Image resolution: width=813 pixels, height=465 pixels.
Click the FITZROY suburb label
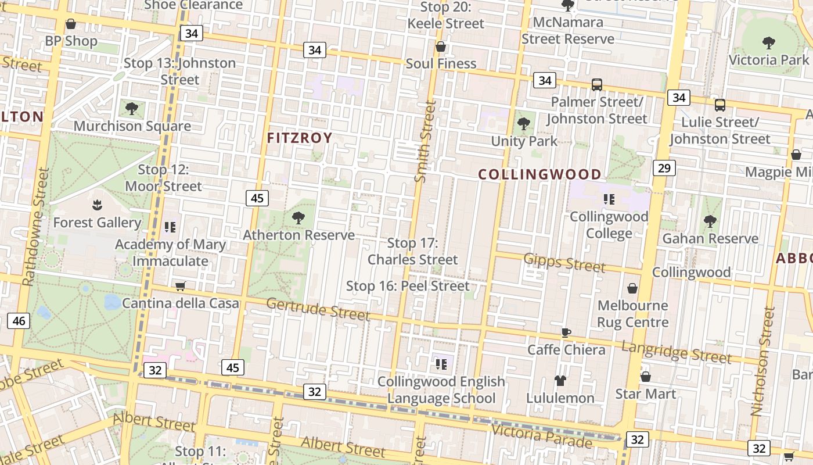click(300, 138)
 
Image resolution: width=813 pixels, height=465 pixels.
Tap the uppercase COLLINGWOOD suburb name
click(539, 174)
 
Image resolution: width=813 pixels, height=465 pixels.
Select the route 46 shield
click(19, 321)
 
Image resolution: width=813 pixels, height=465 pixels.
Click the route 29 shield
click(664, 169)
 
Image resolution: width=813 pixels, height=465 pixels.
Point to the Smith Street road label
click(426, 141)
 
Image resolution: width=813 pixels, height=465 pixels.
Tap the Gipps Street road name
click(564, 262)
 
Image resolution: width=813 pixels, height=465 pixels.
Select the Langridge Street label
click(676, 352)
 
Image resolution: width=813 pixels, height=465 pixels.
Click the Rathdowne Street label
click(35, 227)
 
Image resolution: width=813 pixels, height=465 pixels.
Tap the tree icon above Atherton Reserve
click(298, 218)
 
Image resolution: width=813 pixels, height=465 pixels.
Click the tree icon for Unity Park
click(524, 124)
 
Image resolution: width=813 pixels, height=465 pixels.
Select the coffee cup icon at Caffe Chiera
click(566, 332)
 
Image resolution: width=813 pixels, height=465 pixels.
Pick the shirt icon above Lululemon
click(560, 381)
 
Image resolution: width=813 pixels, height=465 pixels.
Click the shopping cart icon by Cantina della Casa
click(180, 286)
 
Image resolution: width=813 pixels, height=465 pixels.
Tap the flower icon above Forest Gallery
click(97, 205)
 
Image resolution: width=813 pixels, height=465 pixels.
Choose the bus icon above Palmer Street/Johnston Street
click(596, 85)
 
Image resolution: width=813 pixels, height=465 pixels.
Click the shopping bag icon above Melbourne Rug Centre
click(632, 288)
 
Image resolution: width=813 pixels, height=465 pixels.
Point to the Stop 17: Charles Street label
click(413, 251)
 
